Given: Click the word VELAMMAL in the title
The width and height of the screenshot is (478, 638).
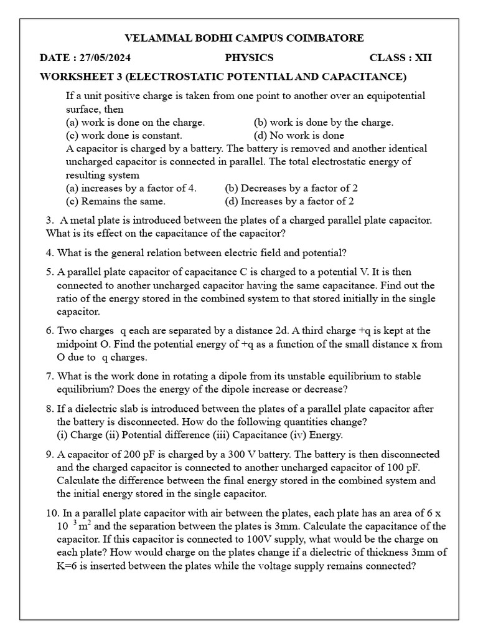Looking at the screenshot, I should tap(154, 38).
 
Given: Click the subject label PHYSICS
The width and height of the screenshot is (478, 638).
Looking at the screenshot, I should tap(249, 58).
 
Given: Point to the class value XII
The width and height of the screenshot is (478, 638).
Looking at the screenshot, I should tap(423, 58).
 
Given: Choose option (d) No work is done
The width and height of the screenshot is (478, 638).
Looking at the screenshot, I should tap(299, 135).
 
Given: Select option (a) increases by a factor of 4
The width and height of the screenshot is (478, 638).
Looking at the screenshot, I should tap(131, 188).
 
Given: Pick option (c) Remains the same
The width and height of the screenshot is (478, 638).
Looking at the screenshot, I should tap(116, 201).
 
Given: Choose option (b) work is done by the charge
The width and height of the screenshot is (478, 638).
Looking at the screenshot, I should tap(324, 122).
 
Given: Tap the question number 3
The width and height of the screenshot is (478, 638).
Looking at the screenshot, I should tap(49, 221).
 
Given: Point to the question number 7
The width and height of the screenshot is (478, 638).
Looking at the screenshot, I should tap(49, 376).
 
